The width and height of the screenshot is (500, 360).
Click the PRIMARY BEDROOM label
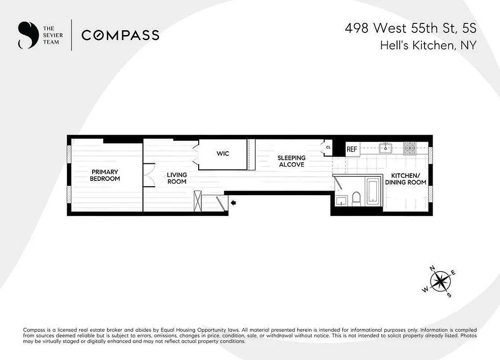[x=105, y=175]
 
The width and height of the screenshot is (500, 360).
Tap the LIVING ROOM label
[x=177, y=178]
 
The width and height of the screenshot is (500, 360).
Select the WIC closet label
[x=223, y=154]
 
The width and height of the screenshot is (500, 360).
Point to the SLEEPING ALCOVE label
[x=291, y=161]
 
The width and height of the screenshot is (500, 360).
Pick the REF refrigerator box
[x=352, y=149]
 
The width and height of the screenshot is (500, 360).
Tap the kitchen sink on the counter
[x=385, y=148]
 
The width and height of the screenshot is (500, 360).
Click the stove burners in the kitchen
[x=410, y=148]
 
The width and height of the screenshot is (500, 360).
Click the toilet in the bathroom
[x=356, y=198]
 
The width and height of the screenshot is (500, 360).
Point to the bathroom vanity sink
[x=341, y=201]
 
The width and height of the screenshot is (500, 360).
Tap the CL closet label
[x=328, y=147]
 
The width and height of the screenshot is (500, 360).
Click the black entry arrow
[x=233, y=203]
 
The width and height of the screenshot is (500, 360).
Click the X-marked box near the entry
[x=198, y=201]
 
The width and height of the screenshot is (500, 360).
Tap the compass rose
[x=440, y=282]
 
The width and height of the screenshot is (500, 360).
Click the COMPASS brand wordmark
[x=120, y=35]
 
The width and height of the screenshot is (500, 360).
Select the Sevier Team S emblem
[x=27, y=35]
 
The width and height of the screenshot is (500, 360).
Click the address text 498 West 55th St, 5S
[x=410, y=29]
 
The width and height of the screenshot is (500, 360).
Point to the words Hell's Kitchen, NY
[x=428, y=45]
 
